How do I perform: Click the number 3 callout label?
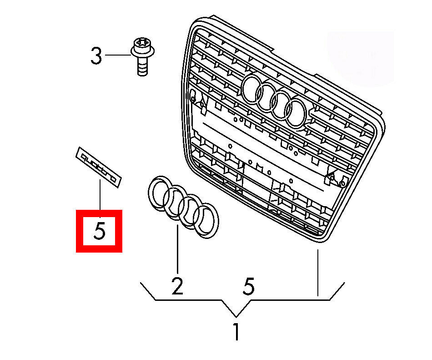pyautogui.click(x=96, y=56)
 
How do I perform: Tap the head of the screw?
pyautogui.click(x=142, y=47)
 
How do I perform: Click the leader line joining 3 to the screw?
pyautogui.click(x=118, y=55)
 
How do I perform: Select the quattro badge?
pyautogui.click(x=99, y=167)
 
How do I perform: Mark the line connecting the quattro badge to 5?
pyautogui.click(x=100, y=194)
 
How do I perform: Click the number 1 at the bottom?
pyautogui.click(x=236, y=332)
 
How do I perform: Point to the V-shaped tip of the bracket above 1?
pyautogui.click(x=236, y=316)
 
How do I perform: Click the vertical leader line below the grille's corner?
pyautogui.click(x=318, y=273)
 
